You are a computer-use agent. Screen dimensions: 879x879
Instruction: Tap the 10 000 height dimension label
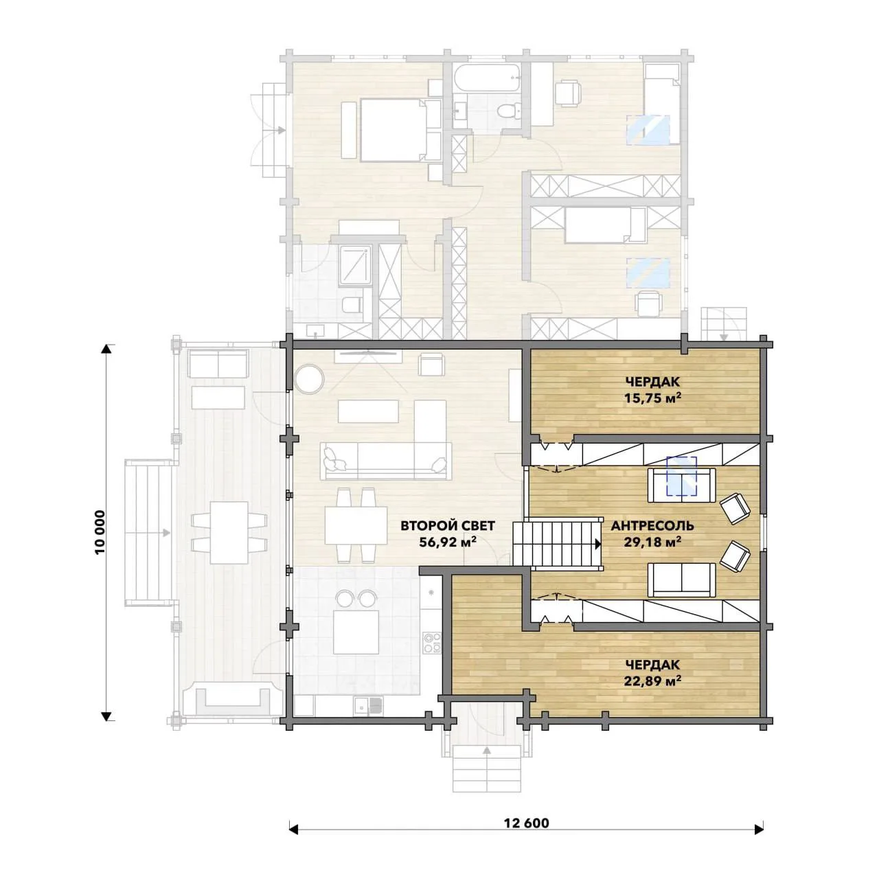point(100,532)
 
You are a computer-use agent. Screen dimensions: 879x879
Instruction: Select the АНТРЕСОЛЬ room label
point(652,526)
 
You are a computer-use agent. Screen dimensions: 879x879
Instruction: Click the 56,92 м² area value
point(448,542)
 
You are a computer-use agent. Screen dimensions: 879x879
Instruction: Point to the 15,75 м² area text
point(652,398)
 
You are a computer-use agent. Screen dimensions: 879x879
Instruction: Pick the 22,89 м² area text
point(652,681)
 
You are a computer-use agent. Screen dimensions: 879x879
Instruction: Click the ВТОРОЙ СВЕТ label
point(448,526)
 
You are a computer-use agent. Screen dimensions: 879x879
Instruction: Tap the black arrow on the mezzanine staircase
point(598,544)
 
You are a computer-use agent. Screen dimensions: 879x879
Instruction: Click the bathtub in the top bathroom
point(487,78)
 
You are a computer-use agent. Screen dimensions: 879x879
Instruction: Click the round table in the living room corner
point(309,378)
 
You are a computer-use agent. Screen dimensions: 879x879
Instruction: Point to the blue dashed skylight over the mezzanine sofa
point(681,476)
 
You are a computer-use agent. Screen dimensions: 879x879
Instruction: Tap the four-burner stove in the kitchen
point(431,642)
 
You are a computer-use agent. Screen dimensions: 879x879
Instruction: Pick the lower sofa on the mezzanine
point(681,580)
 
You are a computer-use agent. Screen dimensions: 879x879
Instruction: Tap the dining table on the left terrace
point(229,533)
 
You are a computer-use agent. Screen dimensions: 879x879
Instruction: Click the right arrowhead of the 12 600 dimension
point(760,842)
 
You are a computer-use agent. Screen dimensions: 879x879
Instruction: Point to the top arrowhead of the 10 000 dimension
point(106,349)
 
